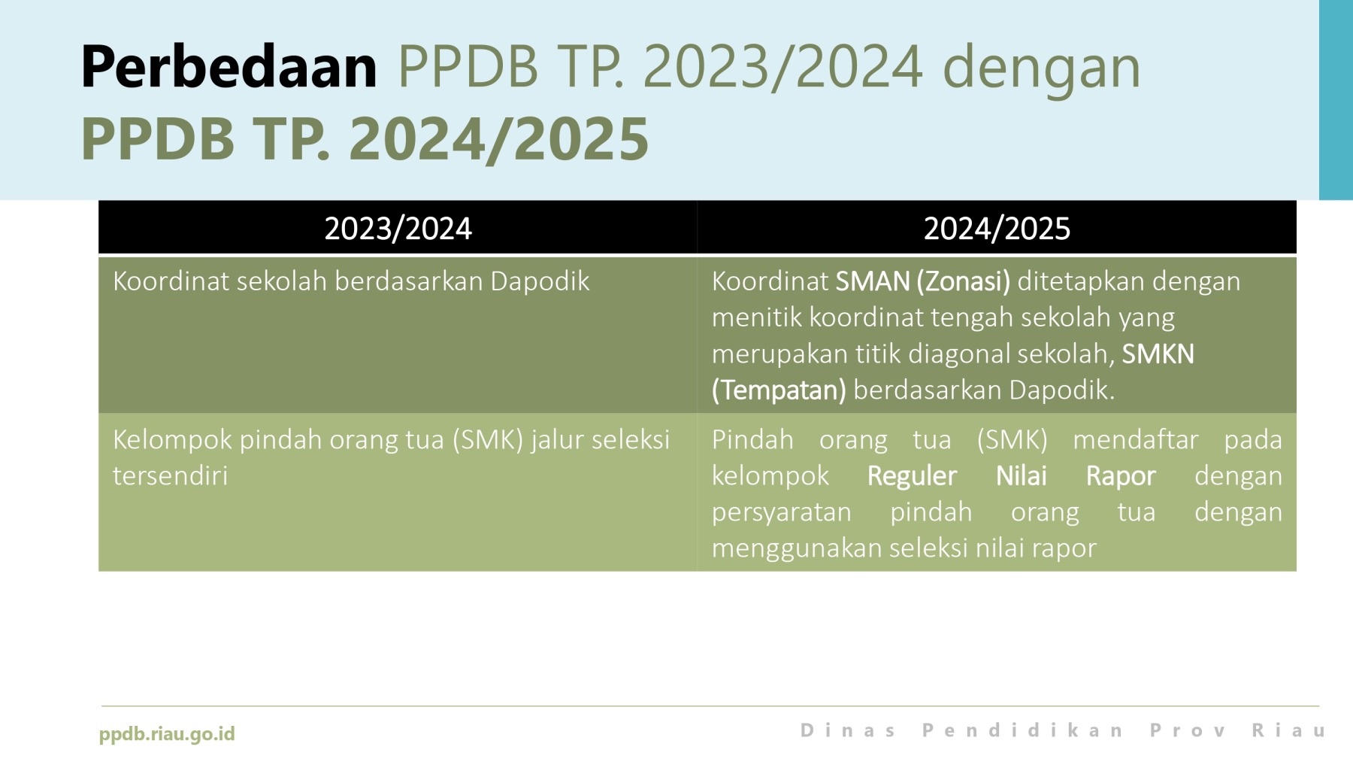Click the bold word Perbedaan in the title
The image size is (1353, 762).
click(229, 66)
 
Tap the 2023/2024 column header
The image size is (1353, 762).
click(398, 228)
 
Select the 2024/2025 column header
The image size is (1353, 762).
click(997, 228)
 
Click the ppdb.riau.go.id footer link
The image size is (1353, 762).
click(167, 733)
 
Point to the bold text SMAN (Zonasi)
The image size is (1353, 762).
click(923, 281)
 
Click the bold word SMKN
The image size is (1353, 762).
click(1158, 354)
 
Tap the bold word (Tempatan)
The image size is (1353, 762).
click(779, 390)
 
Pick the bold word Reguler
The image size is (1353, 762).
click(912, 475)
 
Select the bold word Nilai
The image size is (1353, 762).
click(1022, 475)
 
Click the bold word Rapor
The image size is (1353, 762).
click(1121, 476)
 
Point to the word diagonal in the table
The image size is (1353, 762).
click(961, 354)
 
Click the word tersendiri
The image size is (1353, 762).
click(170, 475)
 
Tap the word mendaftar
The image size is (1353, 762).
click(1135, 439)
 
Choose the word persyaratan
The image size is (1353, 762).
click(782, 513)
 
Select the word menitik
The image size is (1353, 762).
click(757, 317)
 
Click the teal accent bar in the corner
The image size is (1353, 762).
click(1336, 100)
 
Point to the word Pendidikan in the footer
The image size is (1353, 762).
click(1023, 730)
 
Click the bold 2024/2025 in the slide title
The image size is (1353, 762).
click(499, 139)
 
